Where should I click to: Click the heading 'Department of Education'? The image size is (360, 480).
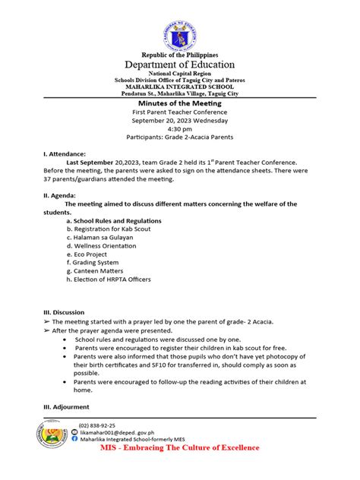180,65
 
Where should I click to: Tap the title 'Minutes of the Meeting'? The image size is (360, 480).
180,102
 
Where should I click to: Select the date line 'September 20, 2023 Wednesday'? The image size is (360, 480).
180,120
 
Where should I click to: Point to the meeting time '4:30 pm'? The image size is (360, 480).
180,128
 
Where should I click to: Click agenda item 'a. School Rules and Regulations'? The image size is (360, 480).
112,219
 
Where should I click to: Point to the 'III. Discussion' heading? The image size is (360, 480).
64,312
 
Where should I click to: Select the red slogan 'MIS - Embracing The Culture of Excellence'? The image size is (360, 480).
179,447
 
